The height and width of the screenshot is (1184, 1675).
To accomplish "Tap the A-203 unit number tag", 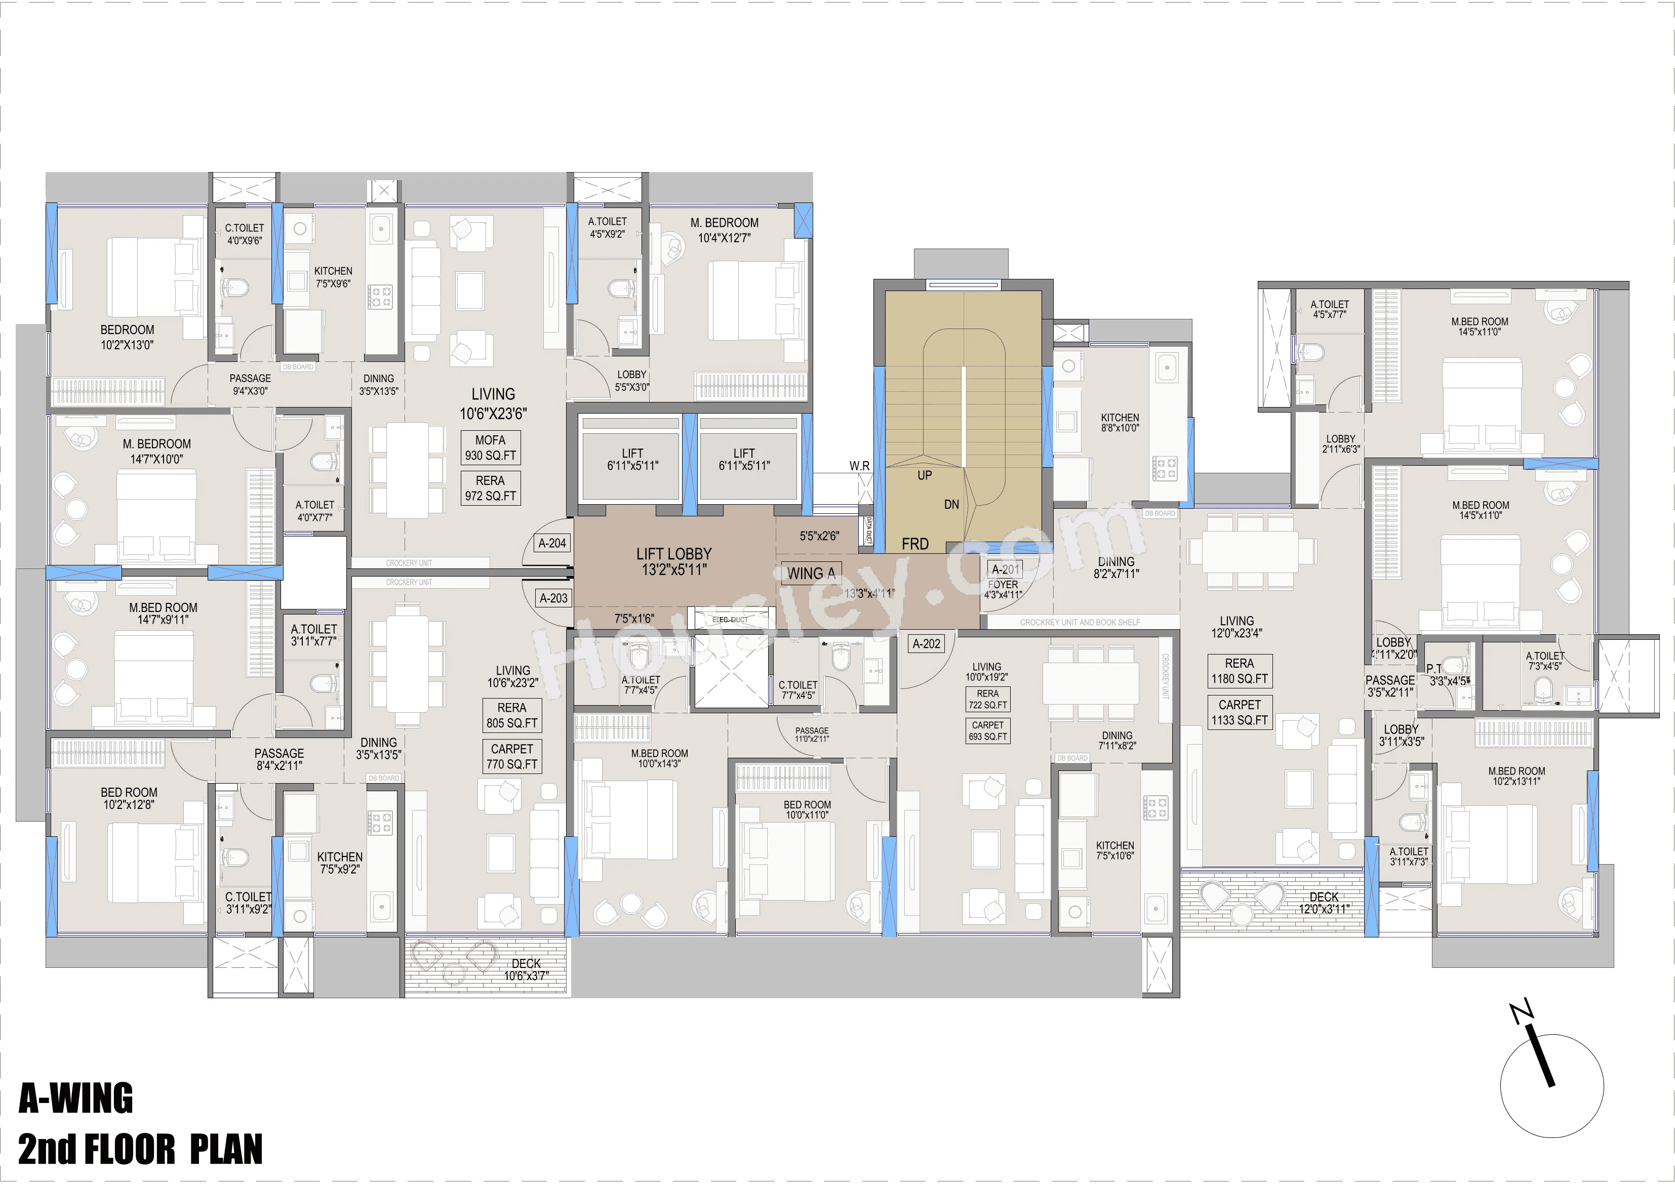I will click(553, 598).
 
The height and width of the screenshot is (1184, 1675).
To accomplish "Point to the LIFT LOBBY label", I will click(673, 562).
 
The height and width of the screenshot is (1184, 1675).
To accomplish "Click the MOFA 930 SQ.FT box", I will click(490, 448).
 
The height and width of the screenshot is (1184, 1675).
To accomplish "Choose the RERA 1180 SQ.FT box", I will click(1240, 671).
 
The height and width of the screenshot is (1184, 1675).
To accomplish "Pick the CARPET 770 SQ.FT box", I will click(511, 756).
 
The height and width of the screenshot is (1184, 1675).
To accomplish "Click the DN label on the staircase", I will click(951, 504).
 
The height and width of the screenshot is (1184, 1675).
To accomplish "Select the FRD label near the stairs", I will click(915, 544).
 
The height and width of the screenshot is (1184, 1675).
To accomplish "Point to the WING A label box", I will click(811, 574).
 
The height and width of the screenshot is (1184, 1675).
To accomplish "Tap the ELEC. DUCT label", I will click(730, 620).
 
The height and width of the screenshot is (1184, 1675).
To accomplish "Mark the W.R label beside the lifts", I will click(859, 465).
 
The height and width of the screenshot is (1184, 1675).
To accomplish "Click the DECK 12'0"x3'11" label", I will click(1324, 903).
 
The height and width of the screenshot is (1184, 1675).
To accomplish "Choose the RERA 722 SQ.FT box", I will click(988, 699).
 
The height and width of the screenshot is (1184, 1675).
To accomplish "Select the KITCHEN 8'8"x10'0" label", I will click(1120, 422).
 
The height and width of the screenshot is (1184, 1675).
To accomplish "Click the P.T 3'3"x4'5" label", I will click(1447, 675).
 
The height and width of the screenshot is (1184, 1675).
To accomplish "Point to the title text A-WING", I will click(76, 1098).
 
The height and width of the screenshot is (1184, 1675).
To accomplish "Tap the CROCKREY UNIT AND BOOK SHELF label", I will click(1080, 622).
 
